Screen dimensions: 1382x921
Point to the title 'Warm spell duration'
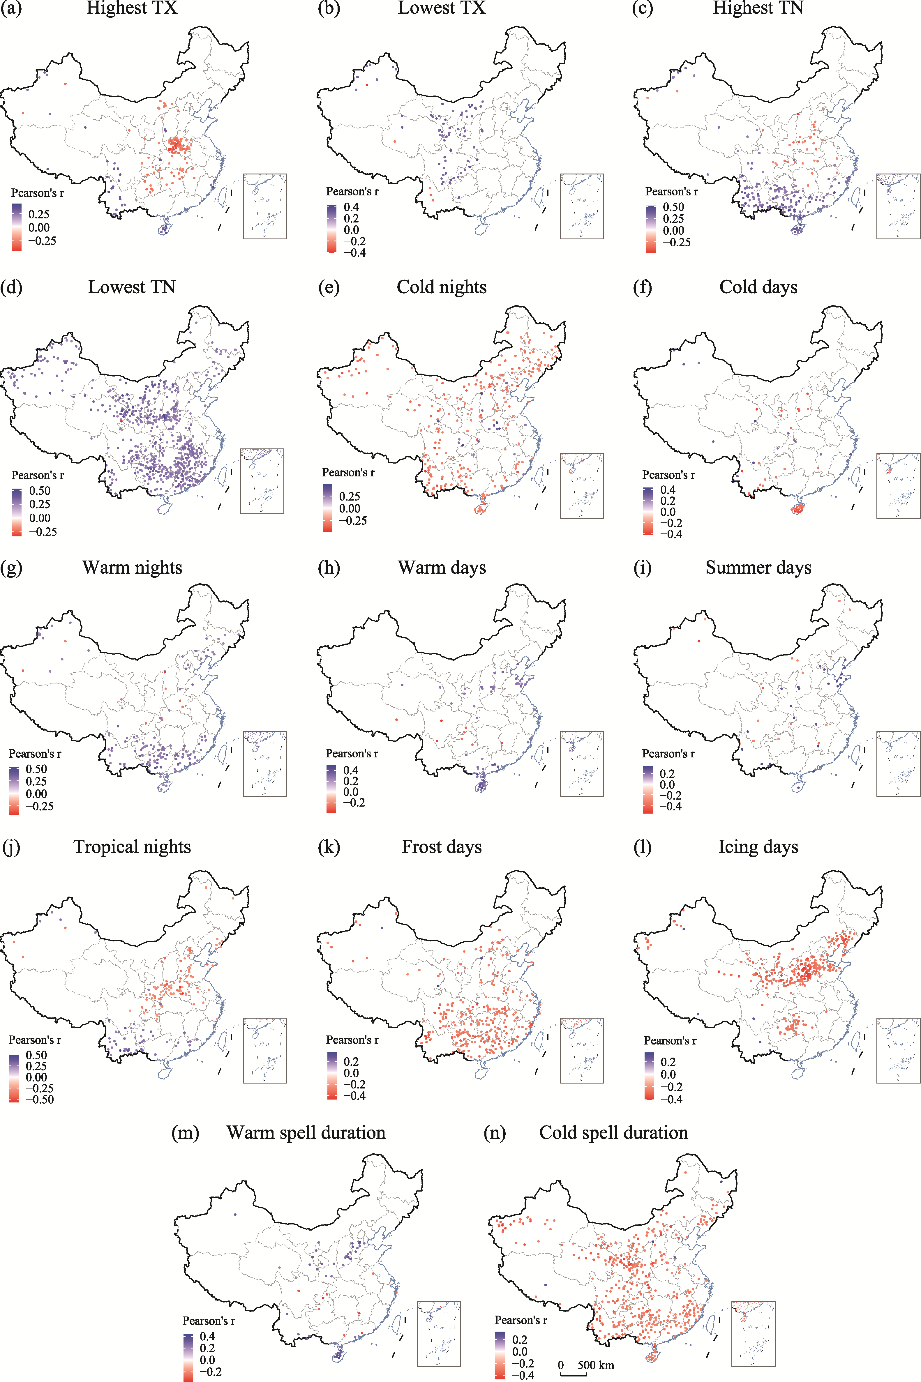click(306, 1132)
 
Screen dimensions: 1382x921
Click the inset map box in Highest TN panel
click(898, 206)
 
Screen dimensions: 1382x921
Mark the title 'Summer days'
click(758, 568)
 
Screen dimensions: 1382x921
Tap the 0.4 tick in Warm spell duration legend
click(207, 1336)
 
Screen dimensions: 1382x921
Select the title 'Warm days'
click(442, 568)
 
